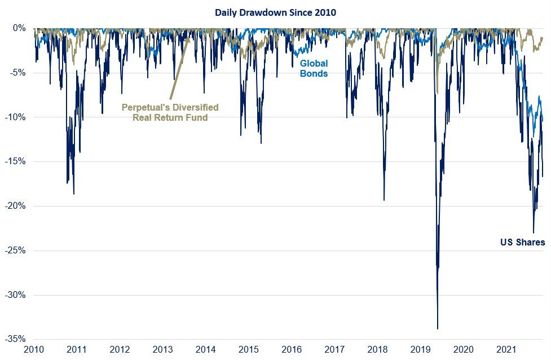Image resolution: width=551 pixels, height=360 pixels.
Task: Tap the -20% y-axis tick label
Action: tap(15, 206)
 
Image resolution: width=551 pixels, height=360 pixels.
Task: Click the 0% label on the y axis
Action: tap(19, 28)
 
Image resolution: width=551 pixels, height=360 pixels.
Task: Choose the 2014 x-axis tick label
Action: tap(206, 350)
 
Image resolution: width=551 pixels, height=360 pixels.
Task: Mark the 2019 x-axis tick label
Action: tap(421, 350)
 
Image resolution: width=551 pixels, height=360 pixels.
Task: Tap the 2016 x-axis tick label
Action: tap(292, 350)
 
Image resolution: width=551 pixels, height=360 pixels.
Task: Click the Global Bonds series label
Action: tap(314, 68)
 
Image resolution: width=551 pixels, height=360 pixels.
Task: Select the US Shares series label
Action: tap(523, 243)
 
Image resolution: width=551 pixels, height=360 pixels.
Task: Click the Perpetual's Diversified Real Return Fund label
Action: tap(170, 112)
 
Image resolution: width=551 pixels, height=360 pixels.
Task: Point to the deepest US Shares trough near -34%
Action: tap(438, 328)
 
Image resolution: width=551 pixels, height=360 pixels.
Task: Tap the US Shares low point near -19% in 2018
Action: tap(384, 200)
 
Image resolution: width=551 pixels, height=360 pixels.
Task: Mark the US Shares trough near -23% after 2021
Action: tap(534, 232)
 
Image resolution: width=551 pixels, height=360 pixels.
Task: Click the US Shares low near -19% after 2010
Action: tap(74, 194)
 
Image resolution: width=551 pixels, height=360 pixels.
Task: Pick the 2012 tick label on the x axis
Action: tap(120, 350)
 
